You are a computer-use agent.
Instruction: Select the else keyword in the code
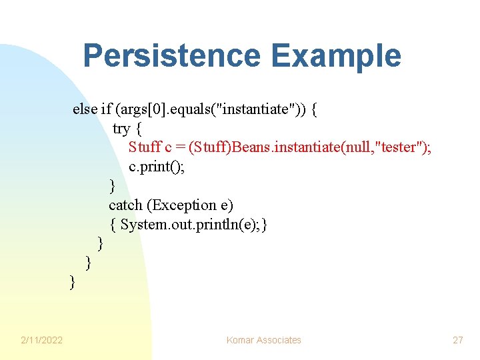(85, 109)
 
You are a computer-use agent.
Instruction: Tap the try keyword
(122, 128)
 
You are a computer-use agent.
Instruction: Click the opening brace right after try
(139, 128)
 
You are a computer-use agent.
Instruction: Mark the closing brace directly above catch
(112, 186)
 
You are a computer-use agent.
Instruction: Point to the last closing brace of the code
(73, 283)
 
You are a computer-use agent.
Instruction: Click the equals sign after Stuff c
(182, 147)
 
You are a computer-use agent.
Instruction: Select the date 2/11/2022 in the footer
(41, 340)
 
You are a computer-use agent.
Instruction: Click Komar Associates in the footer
(263, 340)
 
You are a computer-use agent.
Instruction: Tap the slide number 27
(457, 340)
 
